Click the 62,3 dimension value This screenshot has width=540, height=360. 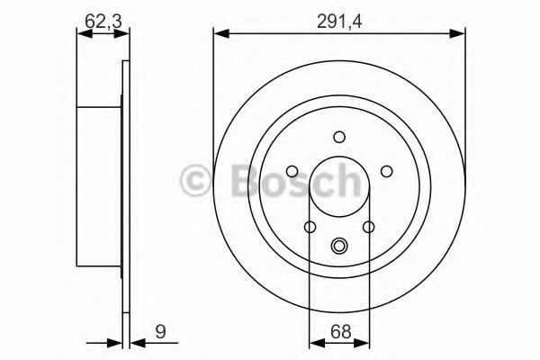[x=103, y=22]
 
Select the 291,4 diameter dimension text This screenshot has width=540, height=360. [x=339, y=22]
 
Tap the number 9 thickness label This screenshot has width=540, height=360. [x=160, y=332]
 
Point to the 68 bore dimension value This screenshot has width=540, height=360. [x=340, y=332]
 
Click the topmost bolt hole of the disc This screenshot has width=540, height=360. [x=339, y=137]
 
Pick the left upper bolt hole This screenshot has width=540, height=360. [x=292, y=171]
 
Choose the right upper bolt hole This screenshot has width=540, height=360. [x=386, y=171]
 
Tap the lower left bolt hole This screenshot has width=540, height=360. [x=310, y=227]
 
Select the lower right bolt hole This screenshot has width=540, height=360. [x=368, y=227]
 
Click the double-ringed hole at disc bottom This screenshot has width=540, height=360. [x=339, y=246]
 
